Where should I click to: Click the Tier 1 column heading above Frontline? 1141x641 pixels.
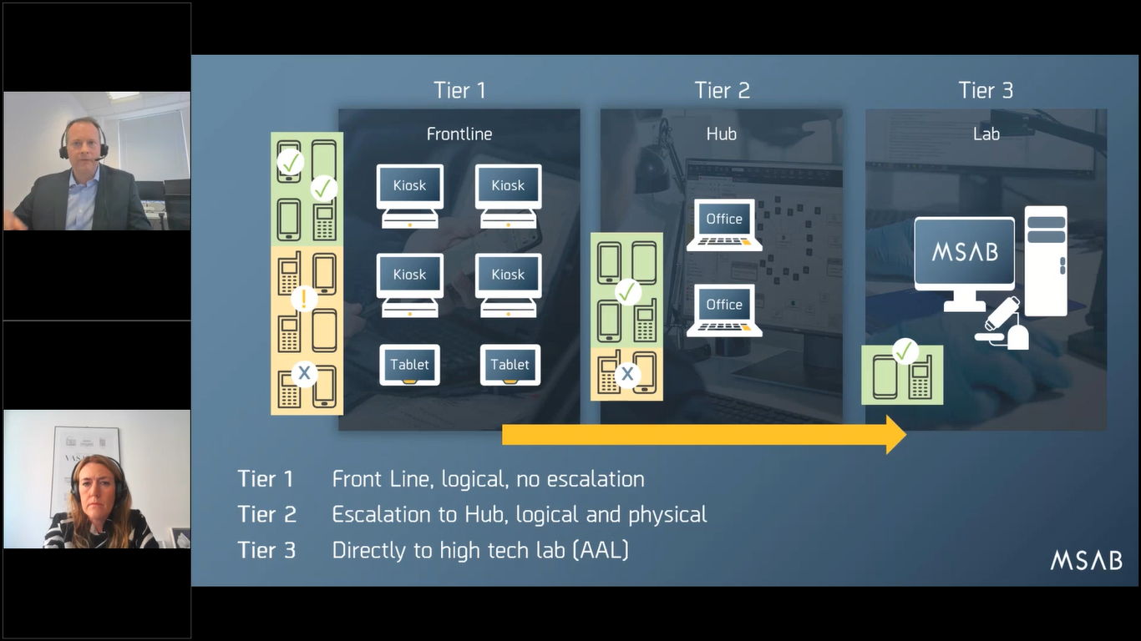[x=459, y=90]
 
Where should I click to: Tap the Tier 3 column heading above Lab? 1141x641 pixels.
[x=986, y=90]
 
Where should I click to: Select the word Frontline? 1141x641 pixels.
[x=459, y=134]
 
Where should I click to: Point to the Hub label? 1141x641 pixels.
[x=721, y=134]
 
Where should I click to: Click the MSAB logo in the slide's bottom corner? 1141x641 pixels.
[x=1086, y=561]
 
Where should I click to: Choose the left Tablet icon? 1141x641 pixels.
[x=409, y=365]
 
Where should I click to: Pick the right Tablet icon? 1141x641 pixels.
[x=510, y=365]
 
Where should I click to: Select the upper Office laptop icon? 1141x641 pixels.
[x=724, y=224]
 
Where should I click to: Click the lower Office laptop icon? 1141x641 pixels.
[x=724, y=310]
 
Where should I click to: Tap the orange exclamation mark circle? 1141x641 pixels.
[x=304, y=298]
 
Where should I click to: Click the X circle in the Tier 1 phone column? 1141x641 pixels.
[x=304, y=374]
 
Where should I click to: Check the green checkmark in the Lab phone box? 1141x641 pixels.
[x=905, y=351]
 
